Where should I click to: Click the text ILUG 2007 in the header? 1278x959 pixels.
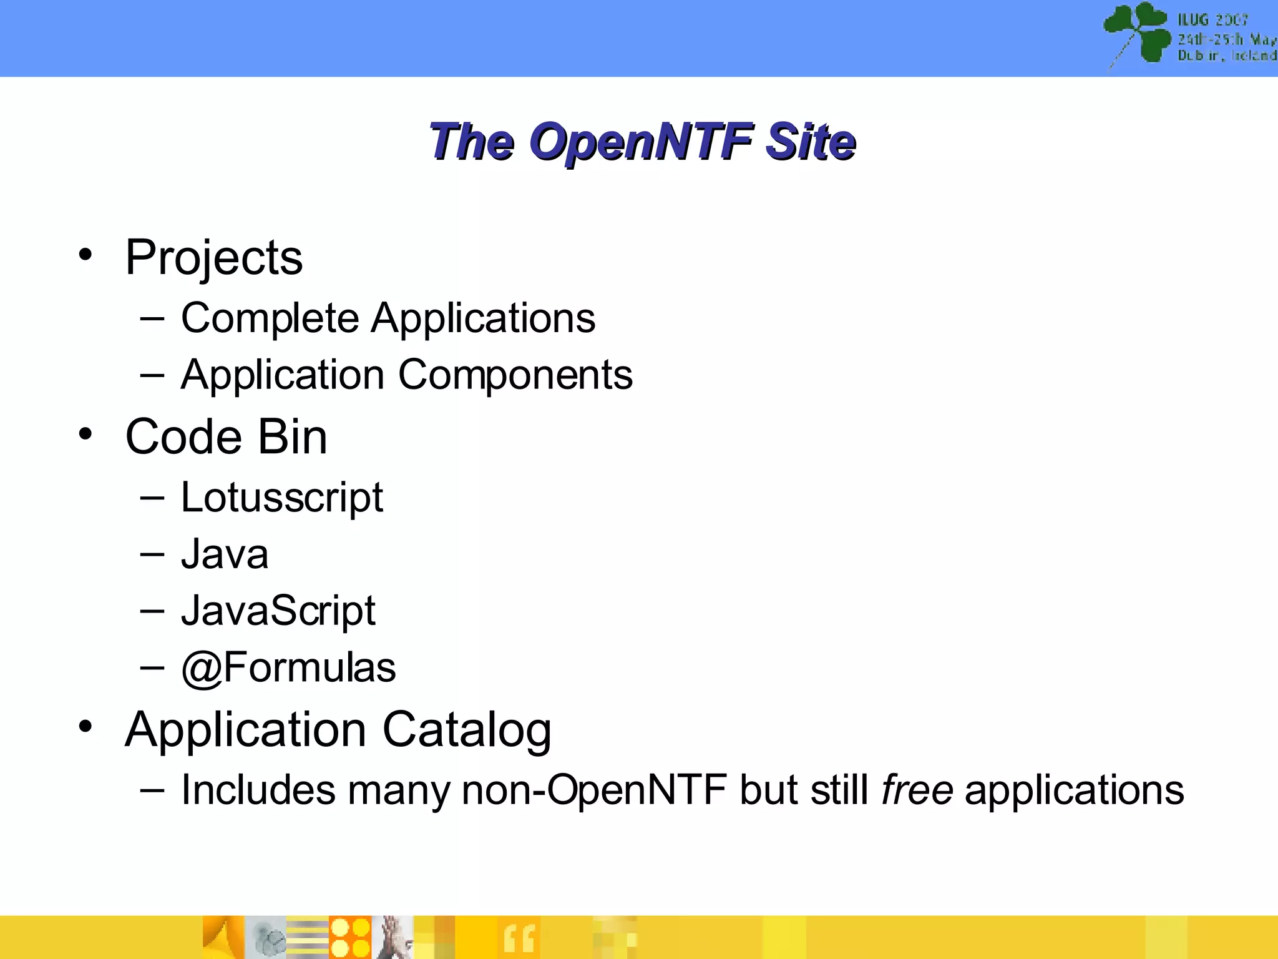pyautogui.click(x=1212, y=20)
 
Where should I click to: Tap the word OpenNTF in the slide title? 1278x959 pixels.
pyautogui.click(x=641, y=142)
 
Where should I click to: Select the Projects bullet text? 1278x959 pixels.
pyautogui.click(x=213, y=257)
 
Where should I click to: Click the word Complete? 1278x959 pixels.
pyautogui.click(x=270, y=318)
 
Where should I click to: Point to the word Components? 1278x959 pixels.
pyautogui.click(x=515, y=375)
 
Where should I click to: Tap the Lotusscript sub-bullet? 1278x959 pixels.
pyautogui.click(x=281, y=498)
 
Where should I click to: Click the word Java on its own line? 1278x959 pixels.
pyautogui.click(x=225, y=554)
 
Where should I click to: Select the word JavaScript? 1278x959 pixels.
pyautogui.click(x=278, y=611)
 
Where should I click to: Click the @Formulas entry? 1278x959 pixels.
pyautogui.click(x=288, y=667)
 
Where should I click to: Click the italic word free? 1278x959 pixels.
pyautogui.click(x=917, y=790)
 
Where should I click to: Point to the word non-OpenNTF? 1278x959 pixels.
pyautogui.click(x=594, y=790)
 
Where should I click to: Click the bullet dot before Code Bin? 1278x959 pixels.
pyautogui.click(x=85, y=433)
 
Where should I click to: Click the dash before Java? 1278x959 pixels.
pyautogui.click(x=152, y=553)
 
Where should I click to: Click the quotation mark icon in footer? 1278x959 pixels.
pyautogui.click(x=519, y=938)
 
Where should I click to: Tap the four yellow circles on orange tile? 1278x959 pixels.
pyautogui.click(x=350, y=937)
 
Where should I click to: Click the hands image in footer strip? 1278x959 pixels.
pyautogui.click(x=393, y=937)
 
